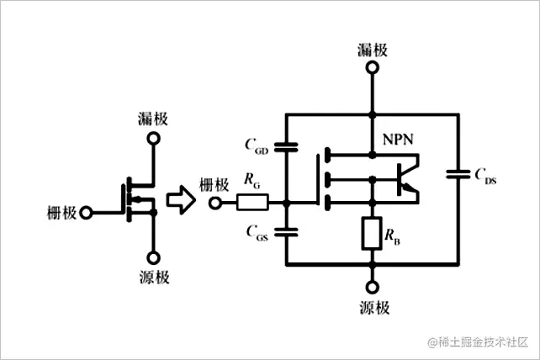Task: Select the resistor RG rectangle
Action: [252, 203]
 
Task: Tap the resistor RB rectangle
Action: [371, 233]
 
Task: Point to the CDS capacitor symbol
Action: [458, 174]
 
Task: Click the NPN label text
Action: [399, 139]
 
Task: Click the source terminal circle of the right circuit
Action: [371, 285]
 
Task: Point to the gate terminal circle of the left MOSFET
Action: [85, 212]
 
